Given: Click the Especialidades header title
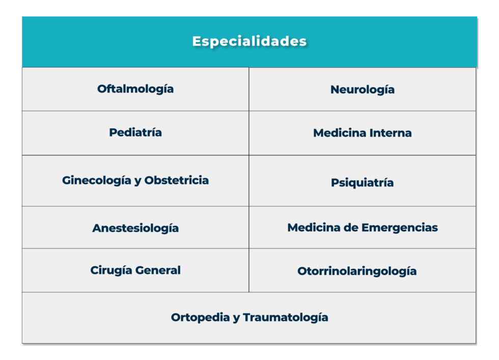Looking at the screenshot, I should (249, 41).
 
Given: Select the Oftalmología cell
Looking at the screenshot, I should (135, 89).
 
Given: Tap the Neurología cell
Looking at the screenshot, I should (362, 90).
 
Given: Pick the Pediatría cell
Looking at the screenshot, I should (135, 133).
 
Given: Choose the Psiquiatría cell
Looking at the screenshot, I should (362, 183).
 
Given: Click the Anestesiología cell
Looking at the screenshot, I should (135, 228).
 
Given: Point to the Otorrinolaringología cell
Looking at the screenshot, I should (357, 271).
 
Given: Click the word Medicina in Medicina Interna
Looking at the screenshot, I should (338, 133).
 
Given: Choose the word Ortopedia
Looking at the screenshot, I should (199, 318).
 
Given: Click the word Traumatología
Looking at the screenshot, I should (285, 318).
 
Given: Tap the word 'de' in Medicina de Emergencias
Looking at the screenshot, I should (351, 228).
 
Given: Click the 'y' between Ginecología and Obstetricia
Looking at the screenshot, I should (137, 181).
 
